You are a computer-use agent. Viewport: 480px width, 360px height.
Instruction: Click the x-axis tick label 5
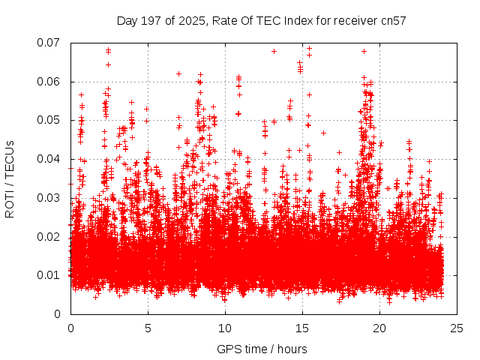(148, 328)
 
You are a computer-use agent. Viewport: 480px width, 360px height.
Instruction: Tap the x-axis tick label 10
(225, 328)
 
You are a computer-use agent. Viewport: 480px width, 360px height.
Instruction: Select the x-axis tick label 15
(302, 328)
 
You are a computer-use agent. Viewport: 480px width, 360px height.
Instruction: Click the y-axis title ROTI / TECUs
(10, 178)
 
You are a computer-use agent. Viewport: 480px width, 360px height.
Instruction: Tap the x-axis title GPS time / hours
(262, 349)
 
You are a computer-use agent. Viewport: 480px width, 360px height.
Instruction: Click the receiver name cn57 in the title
(393, 20)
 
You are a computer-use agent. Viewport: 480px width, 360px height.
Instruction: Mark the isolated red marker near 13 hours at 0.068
(274, 51)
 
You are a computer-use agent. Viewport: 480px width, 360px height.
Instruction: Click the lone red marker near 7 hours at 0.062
(178, 73)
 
